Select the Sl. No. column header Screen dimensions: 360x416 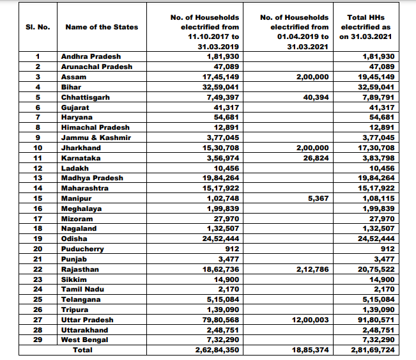(x=38, y=27)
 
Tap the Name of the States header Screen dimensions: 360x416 (x=102, y=27)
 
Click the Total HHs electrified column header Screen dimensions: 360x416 (x=366, y=27)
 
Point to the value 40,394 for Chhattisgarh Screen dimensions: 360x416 (x=316, y=97)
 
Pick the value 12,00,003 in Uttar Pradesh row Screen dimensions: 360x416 (x=311, y=320)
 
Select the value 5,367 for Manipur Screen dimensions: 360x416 (x=318, y=198)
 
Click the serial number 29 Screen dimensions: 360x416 (x=38, y=340)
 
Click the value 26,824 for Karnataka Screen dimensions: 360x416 (x=316, y=158)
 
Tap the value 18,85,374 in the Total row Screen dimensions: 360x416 (x=311, y=350)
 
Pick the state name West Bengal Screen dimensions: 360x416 (x=84, y=340)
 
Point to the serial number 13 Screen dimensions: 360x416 (x=38, y=178)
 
